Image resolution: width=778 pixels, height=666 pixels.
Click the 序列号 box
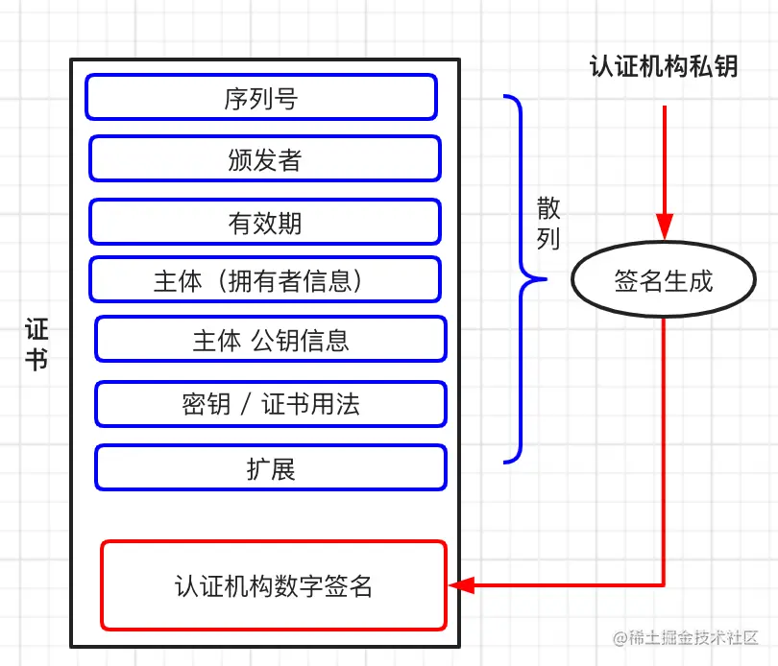coord(261,97)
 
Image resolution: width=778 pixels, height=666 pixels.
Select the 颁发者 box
coord(265,158)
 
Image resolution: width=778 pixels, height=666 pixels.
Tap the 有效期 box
coord(265,222)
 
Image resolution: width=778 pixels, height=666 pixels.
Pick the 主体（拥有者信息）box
coord(265,279)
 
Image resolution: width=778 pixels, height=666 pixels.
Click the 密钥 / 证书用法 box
coord(271,404)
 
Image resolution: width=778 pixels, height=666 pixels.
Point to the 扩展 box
coord(271,467)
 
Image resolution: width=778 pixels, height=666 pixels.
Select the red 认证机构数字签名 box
coord(274,585)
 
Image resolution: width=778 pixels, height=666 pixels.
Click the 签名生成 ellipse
coord(664,280)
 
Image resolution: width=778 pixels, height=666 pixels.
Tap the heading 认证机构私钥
coord(664,66)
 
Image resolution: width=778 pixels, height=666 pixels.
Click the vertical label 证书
coord(36,345)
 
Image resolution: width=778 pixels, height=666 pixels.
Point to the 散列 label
coord(548,223)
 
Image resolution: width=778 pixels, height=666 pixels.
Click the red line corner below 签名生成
coord(664,583)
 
